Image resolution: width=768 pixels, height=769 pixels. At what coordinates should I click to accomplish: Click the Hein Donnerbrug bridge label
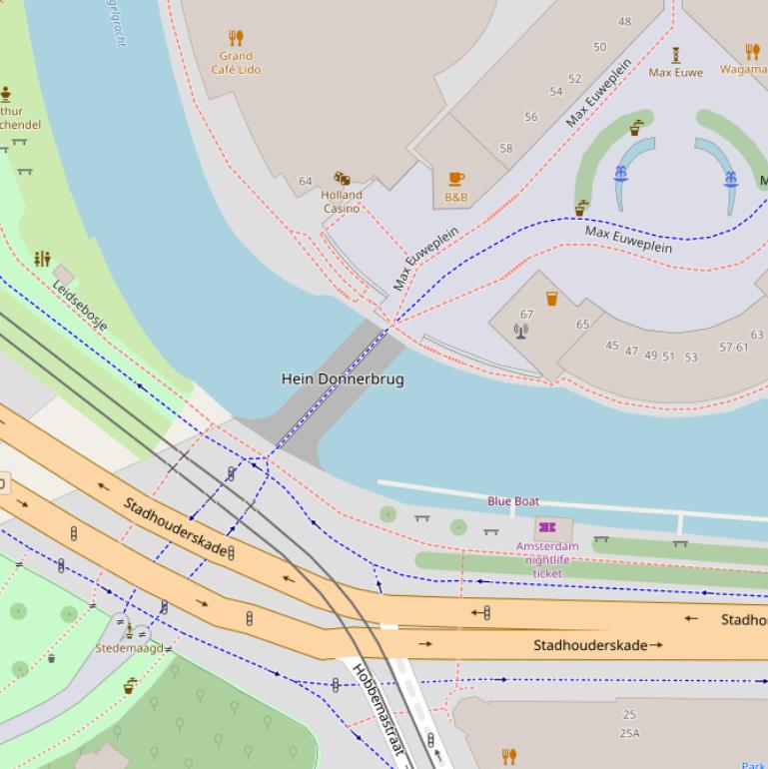point(343,380)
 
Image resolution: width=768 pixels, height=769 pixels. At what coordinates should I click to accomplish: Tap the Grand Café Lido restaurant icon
point(236,38)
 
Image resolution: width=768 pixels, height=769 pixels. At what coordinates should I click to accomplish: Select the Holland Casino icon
point(342,180)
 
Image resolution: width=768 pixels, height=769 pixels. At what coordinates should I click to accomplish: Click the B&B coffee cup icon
point(456,179)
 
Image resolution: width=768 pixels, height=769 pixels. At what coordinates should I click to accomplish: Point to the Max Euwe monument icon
point(676,54)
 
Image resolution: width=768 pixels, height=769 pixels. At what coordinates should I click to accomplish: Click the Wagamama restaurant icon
point(752,52)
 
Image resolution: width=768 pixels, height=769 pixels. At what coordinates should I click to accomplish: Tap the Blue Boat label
point(513,501)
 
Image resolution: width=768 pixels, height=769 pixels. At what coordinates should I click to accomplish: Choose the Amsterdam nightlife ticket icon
point(546,526)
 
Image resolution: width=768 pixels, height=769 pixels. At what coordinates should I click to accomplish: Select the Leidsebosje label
point(80,305)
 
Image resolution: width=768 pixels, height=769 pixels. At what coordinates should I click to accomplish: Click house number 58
point(505,149)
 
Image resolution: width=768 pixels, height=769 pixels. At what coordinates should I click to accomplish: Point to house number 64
point(306,182)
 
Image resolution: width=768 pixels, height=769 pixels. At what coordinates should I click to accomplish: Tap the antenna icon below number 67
point(520,331)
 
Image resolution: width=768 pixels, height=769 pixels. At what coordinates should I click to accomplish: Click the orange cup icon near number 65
point(551,299)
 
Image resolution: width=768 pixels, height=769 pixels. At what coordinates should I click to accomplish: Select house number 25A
point(629,734)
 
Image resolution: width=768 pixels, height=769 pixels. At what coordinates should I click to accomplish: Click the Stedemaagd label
point(129,648)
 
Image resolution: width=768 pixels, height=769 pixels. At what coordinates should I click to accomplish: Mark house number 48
point(625,21)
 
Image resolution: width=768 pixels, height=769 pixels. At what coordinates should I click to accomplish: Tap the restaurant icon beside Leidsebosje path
point(42,260)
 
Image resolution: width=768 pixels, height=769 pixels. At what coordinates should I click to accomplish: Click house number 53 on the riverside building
point(691,357)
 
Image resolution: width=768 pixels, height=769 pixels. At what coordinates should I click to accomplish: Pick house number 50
point(599,47)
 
